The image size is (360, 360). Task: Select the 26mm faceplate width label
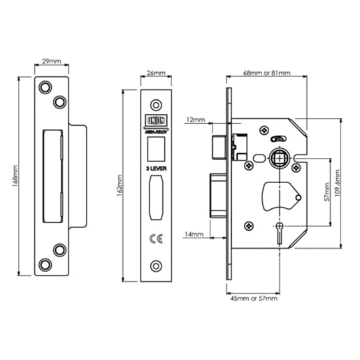pos(157,72)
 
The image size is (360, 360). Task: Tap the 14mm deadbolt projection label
pos(196,233)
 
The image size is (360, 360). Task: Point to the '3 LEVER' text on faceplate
pos(157,169)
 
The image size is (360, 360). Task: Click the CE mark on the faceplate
pos(157,238)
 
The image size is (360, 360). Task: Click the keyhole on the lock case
pos(280,235)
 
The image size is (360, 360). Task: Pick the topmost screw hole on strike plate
pos(45,87)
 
